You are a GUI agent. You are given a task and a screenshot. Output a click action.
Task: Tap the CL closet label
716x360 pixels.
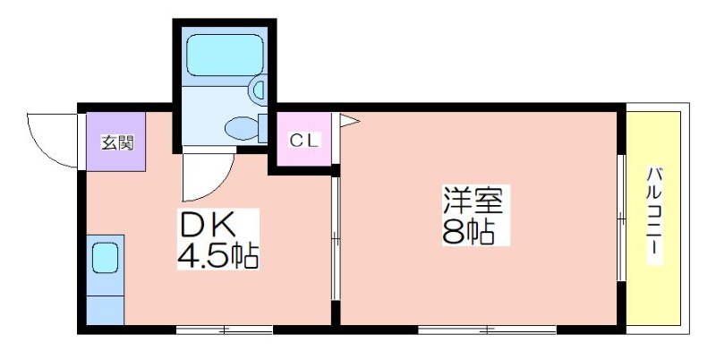point(304,141)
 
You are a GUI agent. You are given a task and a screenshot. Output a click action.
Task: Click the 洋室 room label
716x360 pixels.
point(473,200)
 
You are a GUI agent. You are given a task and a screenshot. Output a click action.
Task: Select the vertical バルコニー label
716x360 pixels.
point(655,216)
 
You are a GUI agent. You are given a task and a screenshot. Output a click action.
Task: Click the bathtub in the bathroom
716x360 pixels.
point(226,55)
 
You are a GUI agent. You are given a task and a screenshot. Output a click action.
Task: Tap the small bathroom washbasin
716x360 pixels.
point(258,90)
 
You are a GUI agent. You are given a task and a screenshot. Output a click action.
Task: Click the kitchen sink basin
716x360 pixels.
point(105,258)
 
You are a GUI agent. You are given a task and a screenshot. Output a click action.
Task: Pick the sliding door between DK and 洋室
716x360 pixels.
point(336,238)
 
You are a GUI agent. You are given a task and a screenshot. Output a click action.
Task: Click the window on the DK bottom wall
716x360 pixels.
point(225,330)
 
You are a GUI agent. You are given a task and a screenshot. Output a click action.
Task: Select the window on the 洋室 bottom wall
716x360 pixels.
point(487,330)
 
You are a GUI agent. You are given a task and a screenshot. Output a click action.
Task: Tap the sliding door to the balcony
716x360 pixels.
point(621,218)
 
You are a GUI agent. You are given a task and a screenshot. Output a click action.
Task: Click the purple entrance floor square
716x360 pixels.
point(116,141)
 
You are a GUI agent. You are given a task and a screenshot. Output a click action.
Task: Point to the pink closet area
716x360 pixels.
point(304,140)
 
